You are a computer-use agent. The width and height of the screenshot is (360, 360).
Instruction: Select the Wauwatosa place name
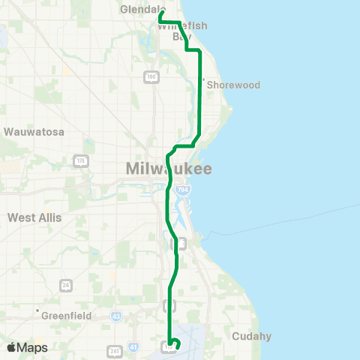point(34,132)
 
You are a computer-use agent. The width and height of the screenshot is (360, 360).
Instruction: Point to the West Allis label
point(34,217)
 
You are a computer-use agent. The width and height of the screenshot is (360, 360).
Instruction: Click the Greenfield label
point(66,316)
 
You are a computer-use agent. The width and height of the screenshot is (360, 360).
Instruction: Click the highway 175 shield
point(81,161)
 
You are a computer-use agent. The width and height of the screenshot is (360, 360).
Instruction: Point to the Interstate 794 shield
point(181,192)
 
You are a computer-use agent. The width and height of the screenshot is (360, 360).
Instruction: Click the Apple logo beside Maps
point(12,347)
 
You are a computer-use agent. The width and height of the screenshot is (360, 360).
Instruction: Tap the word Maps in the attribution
point(33,347)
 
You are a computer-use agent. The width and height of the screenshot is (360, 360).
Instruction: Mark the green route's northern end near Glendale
point(161,12)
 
